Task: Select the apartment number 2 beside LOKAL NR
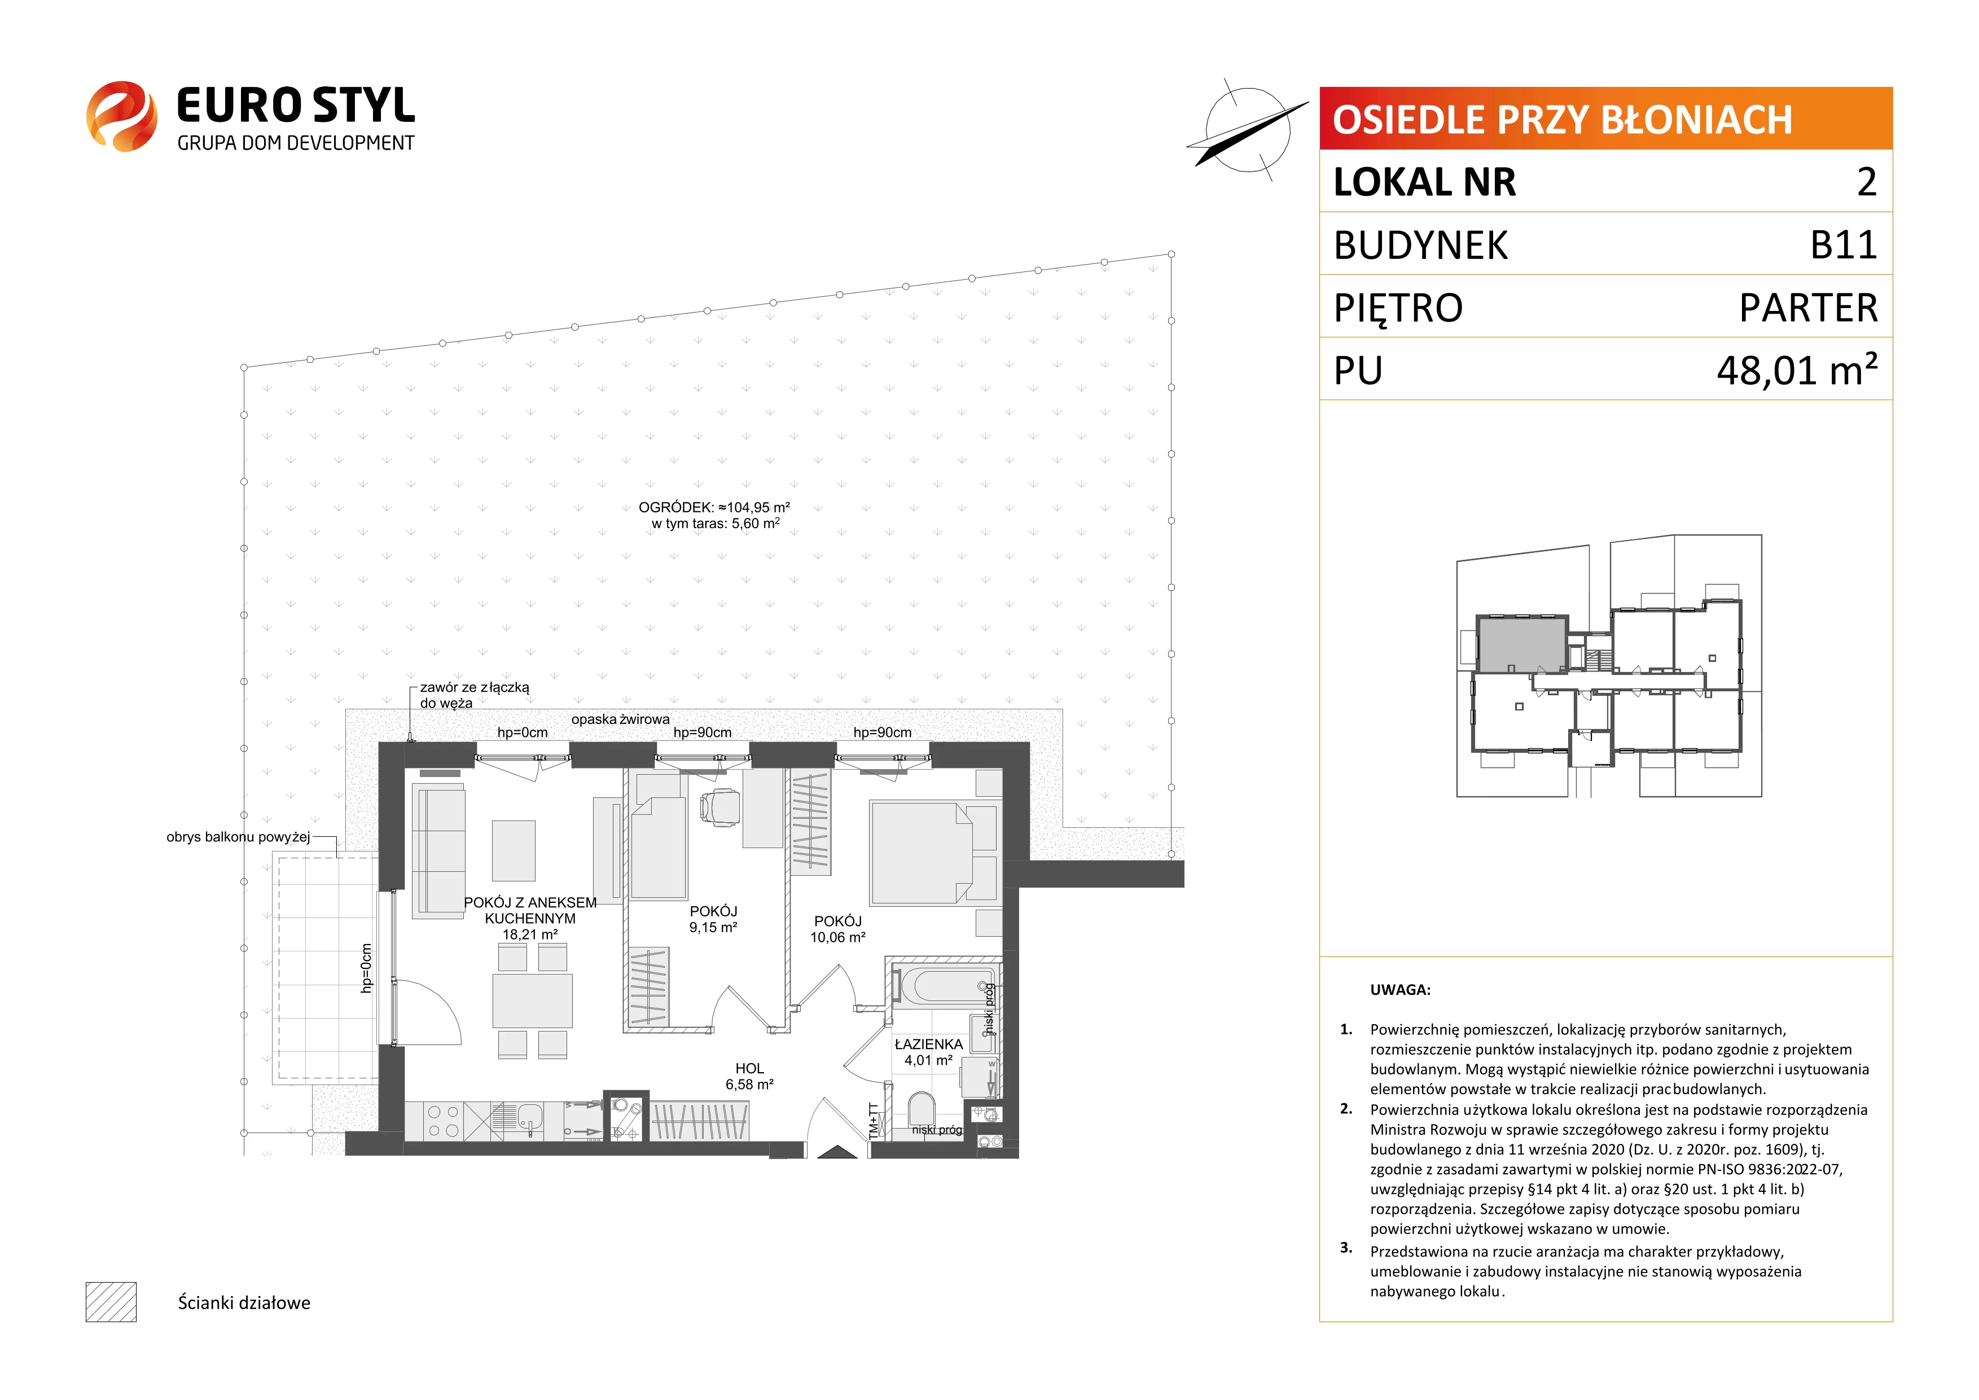[x=1866, y=182]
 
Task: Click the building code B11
[x=1843, y=245]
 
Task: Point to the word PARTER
[x=1809, y=308]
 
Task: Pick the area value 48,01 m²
[x=1797, y=370]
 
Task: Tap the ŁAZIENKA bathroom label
[x=928, y=1052]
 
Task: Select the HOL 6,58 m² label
[x=749, y=1076]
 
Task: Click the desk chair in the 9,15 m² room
[x=719, y=807]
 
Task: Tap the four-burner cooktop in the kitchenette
[x=443, y=1121]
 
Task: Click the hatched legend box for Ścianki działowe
[x=111, y=1302]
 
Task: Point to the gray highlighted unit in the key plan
[x=1521, y=644]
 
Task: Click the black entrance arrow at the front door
[x=836, y=1152]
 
